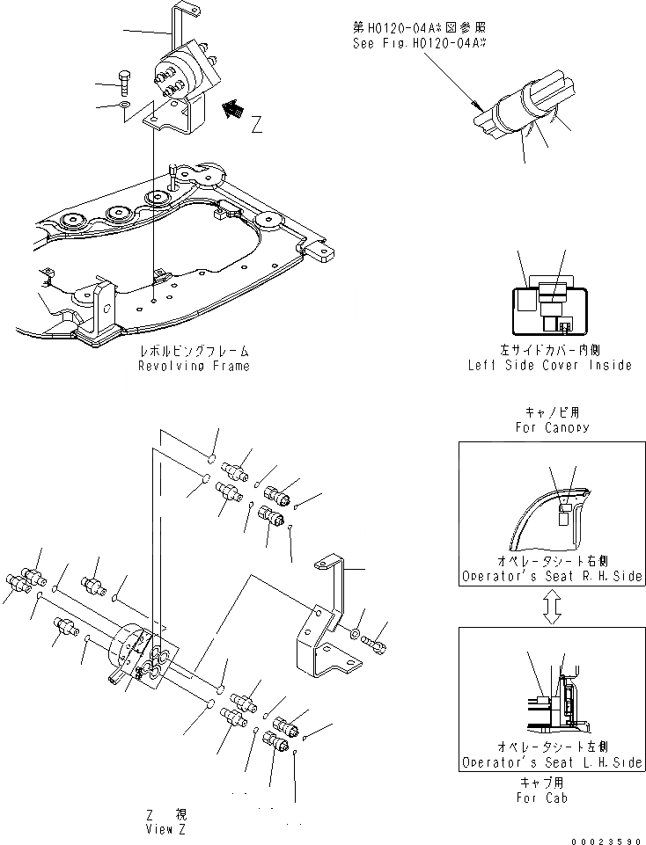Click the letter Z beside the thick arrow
click(x=256, y=125)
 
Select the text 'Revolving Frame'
click(x=193, y=366)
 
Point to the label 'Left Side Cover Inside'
click(x=549, y=366)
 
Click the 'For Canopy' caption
click(x=551, y=427)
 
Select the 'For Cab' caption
click(x=542, y=798)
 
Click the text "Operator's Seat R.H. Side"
click(x=551, y=578)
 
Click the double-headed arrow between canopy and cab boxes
click(x=551, y=607)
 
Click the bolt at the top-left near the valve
click(x=125, y=85)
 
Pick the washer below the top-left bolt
click(x=126, y=106)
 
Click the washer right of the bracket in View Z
click(x=353, y=633)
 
